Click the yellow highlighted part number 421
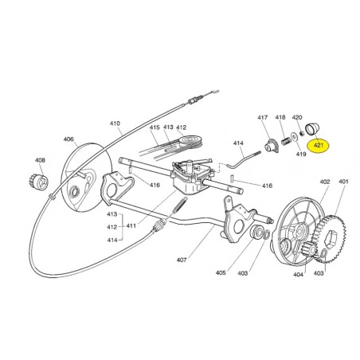point(318,145)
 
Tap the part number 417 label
point(263,117)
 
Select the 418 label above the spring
point(280,117)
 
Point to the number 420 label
point(297,117)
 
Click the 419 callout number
point(301,154)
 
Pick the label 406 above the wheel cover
point(68,139)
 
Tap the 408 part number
point(40,160)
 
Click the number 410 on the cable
point(115,123)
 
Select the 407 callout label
point(182,260)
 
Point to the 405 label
point(221,272)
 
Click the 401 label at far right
point(343,182)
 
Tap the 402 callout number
point(325,182)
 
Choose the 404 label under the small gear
point(298,275)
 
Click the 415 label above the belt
point(155,127)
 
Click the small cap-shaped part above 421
point(312,128)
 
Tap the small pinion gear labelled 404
point(309,248)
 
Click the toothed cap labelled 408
point(38,182)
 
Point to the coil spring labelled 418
point(285,140)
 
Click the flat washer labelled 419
point(294,136)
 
